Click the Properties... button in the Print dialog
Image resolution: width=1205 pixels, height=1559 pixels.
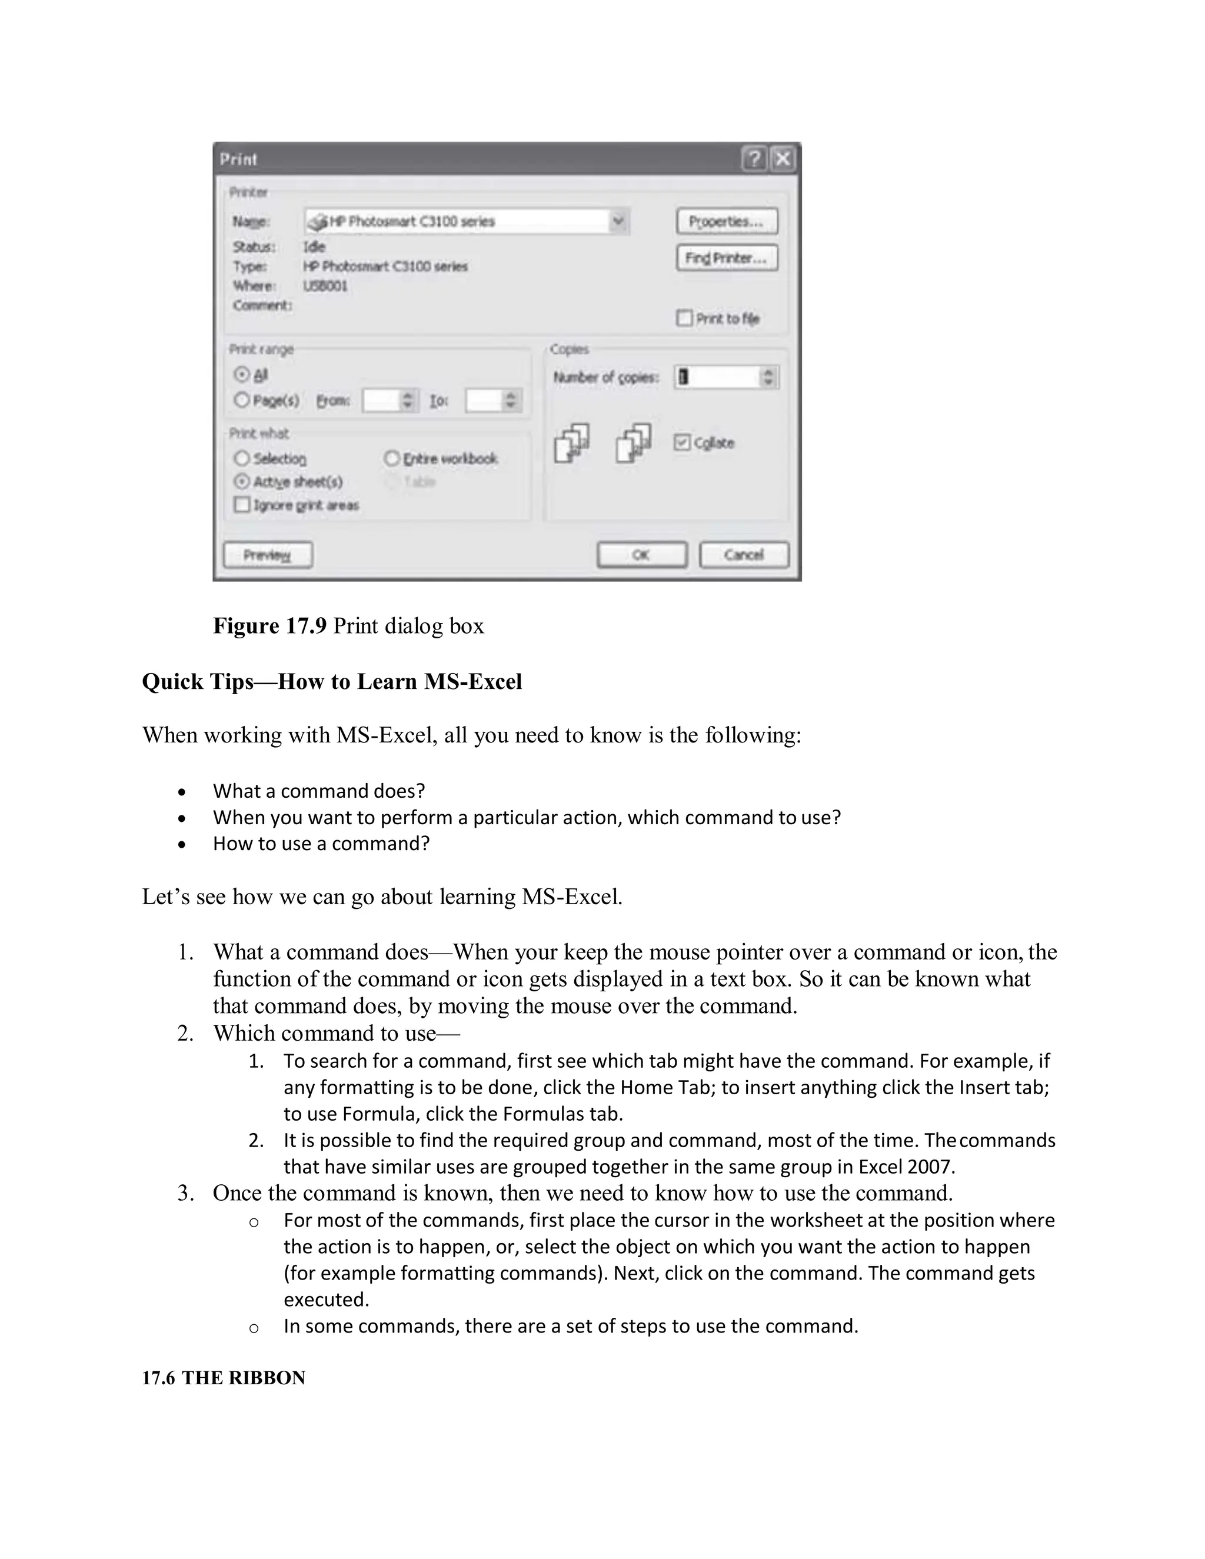pyautogui.click(x=726, y=221)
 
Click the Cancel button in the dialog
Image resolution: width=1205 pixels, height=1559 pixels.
pyautogui.click(x=744, y=555)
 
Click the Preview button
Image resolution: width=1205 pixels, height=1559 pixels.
pyautogui.click(x=267, y=555)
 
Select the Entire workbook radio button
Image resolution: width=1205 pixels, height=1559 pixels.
pyautogui.click(x=392, y=458)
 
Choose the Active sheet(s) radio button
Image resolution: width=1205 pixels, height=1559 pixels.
pyautogui.click(x=242, y=481)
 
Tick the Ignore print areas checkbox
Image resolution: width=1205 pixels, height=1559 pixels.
pyautogui.click(x=242, y=505)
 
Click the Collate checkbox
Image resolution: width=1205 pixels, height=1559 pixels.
pyautogui.click(x=683, y=442)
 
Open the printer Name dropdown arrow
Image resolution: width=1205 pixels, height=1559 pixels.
pyautogui.click(x=618, y=221)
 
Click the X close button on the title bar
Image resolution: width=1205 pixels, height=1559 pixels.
pyautogui.click(x=783, y=158)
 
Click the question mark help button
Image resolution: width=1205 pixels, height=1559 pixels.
pyautogui.click(x=754, y=158)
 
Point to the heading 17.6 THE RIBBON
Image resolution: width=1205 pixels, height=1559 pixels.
pyautogui.click(x=224, y=1378)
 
